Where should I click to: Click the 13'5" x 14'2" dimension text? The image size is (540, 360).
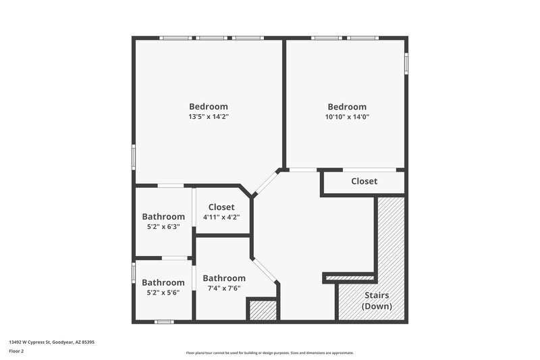pyautogui.click(x=208, y=116)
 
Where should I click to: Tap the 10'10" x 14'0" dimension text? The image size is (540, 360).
pyautogui.click(x=347, y=116)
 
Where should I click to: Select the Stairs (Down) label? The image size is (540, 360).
pyautogui.click(x=377, y=301)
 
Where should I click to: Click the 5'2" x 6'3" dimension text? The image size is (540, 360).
pyautogui.click(x=163, y=227)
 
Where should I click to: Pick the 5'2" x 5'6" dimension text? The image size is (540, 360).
pyautogui.click(x=163, y=292)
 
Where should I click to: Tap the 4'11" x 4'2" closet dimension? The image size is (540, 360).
pyautogui.click(x=221, y=217)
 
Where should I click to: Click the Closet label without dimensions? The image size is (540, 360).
pyautogui.click(x=364, y=182)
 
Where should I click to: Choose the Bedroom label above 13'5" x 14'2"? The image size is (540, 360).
pyautogui.click(x=208, y=106)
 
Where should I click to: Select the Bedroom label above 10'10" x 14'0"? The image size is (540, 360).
pyautogui.click(x=347, y=107)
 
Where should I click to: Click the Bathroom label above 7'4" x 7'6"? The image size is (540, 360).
pyautogui.click(x=224, y=278)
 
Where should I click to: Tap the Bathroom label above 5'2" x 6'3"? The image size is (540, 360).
pyautogui.click(x=163, y=217)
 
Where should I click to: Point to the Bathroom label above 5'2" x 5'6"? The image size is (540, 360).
pyautogui.click(x=163, y=282)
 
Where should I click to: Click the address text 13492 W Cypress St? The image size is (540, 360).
pyautogui.click(x=51, y=342)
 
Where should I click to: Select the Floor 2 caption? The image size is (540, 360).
pyautogui.click(x=18, y=352)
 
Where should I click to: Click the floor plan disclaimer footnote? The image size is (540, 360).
pyautogui.click(x=269, y=353)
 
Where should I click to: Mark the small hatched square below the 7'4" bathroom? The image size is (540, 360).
pyautogui.click(x=263, y=310)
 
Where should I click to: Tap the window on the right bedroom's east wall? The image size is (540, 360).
pyautogui.click(x=406, y=62)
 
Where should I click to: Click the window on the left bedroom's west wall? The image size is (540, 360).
pyautogui.click(x=134, y=157)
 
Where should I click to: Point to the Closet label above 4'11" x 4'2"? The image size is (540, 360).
pyautogui.click(x=221, y=207)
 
